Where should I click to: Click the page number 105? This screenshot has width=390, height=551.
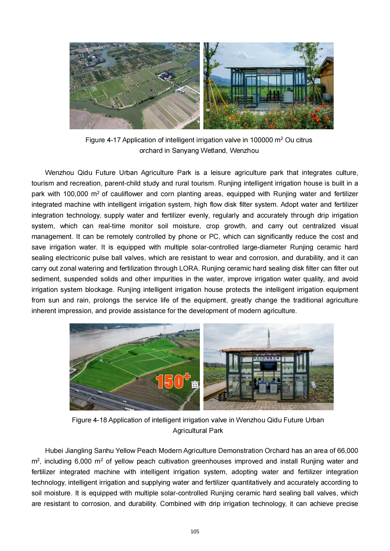(x=195, y=531)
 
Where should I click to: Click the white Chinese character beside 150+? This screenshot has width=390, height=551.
(x=195, y=385)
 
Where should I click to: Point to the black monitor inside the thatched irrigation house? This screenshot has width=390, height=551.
(x=268, y=366)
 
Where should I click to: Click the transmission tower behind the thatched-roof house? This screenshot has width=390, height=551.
(x=268, y=339)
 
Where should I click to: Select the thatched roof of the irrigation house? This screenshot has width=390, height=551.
(x=268, y=350)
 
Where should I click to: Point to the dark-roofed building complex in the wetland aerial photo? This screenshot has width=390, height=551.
(x=167, y=76)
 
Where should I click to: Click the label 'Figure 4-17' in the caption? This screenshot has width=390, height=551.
(x=103, y=140)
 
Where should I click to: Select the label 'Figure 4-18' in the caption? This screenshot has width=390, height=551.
(x=89, y=420)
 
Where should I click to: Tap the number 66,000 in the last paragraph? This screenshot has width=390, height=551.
(x=347, y=451)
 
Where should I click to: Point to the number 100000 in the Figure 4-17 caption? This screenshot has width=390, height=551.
(x=261, y=140)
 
